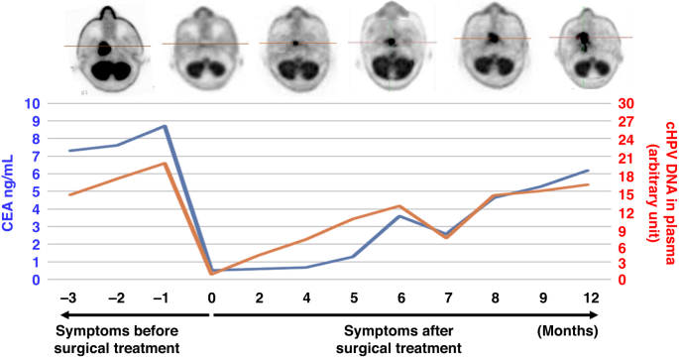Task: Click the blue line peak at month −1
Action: click(165, 126)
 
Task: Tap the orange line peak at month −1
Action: click(165, 163)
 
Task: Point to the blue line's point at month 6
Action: click(399, 216)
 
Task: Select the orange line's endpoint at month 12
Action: click(589, 184)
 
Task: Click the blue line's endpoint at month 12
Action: click(589, 171)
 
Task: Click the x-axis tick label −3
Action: click(68, 299)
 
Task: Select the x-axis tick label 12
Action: click(590, 299)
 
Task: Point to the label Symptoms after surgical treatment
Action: click(402, 339)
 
